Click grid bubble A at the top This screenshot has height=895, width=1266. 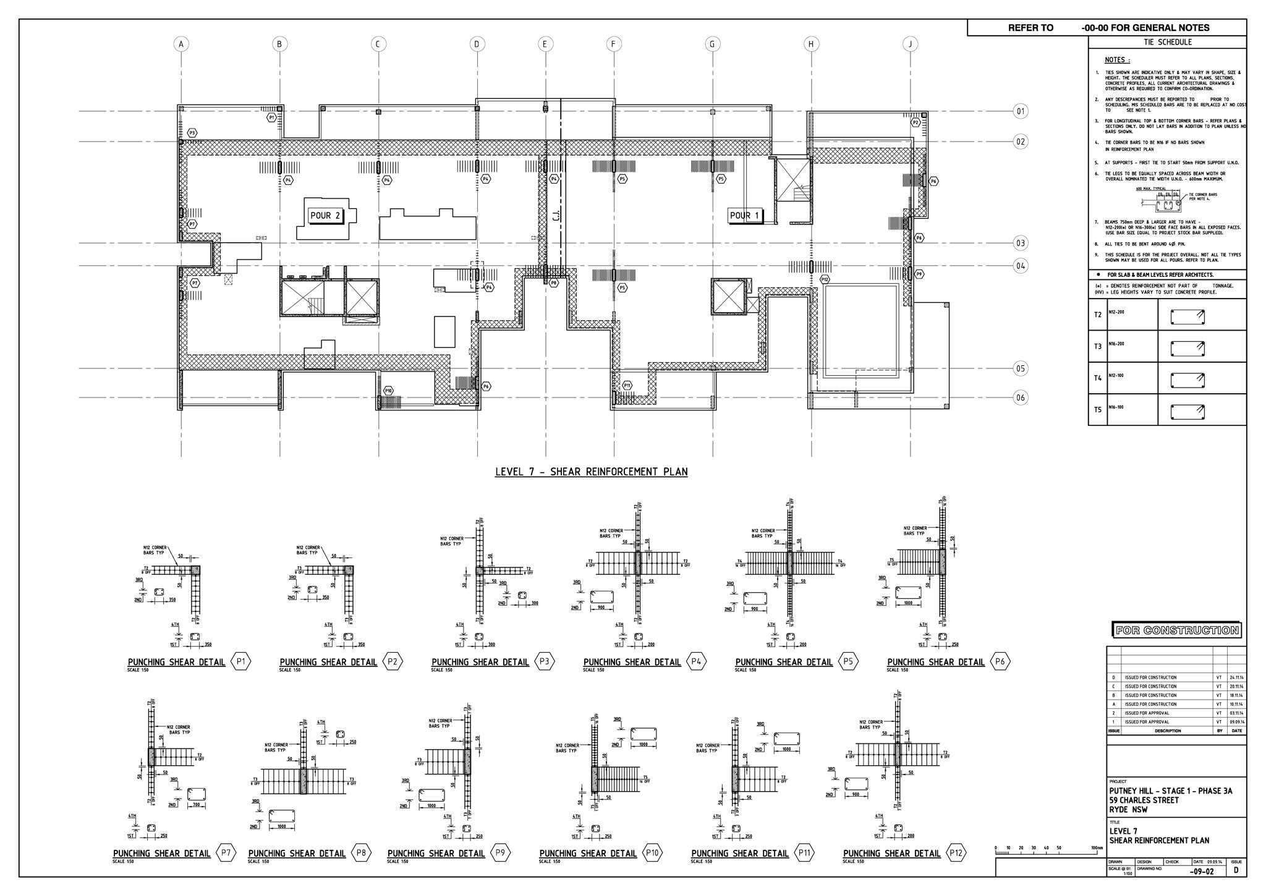pos(181,44)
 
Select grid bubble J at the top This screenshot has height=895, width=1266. pos(910,44)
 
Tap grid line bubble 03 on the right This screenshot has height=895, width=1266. pos(1021,243)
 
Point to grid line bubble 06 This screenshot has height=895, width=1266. pos(1021,397)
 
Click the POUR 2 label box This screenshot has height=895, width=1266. pos(325,216)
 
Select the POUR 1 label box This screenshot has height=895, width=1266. pos(745,216)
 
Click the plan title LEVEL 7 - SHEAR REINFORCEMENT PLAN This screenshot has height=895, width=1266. pos(591,472)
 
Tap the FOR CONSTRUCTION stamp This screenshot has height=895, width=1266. pos(1177,630)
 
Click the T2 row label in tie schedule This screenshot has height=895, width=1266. pos(1098,315)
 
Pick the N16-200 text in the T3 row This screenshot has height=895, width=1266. pos(1116,344)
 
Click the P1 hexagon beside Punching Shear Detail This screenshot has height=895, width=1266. pos(241,662)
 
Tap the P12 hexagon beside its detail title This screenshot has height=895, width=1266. pos(956,853)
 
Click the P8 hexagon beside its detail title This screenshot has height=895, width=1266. pos(361,853)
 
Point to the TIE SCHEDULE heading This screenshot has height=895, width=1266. pos(1167,42)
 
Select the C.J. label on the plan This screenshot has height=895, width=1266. pos(556,214)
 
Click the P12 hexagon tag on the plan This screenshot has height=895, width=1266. pos(825,279)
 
